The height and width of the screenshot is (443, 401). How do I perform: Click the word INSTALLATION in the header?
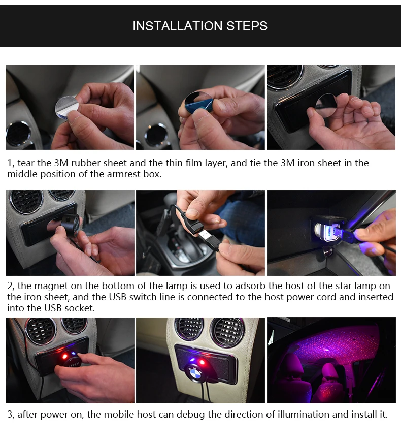tap(178, 26)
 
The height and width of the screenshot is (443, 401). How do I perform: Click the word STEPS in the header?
tap(247, 26)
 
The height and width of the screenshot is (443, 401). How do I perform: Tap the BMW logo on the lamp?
tap(195, 374)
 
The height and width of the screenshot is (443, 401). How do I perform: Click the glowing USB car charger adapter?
tap(327, 229)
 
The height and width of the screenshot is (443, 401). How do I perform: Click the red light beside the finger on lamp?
tap(65, 356)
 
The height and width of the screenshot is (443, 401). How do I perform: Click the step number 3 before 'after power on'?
tap(10, 415)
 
